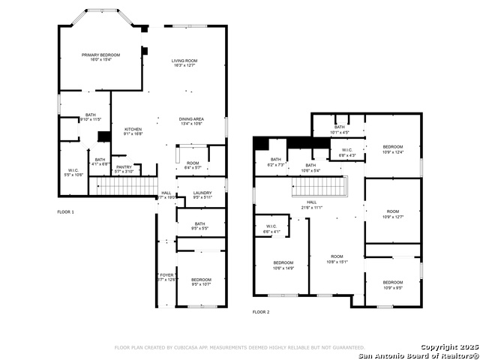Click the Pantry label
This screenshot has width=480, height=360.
(x=124, y=169)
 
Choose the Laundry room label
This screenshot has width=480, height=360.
(x=202, y=195)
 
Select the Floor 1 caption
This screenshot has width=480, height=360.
(x=66, y=212)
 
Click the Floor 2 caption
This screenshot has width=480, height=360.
(x=260, y=311)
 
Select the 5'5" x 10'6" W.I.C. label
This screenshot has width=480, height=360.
(x=73, y=172)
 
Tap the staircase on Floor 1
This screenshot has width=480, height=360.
(x=128, y=186)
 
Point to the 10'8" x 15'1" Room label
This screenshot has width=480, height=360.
(x=337, y=259)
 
